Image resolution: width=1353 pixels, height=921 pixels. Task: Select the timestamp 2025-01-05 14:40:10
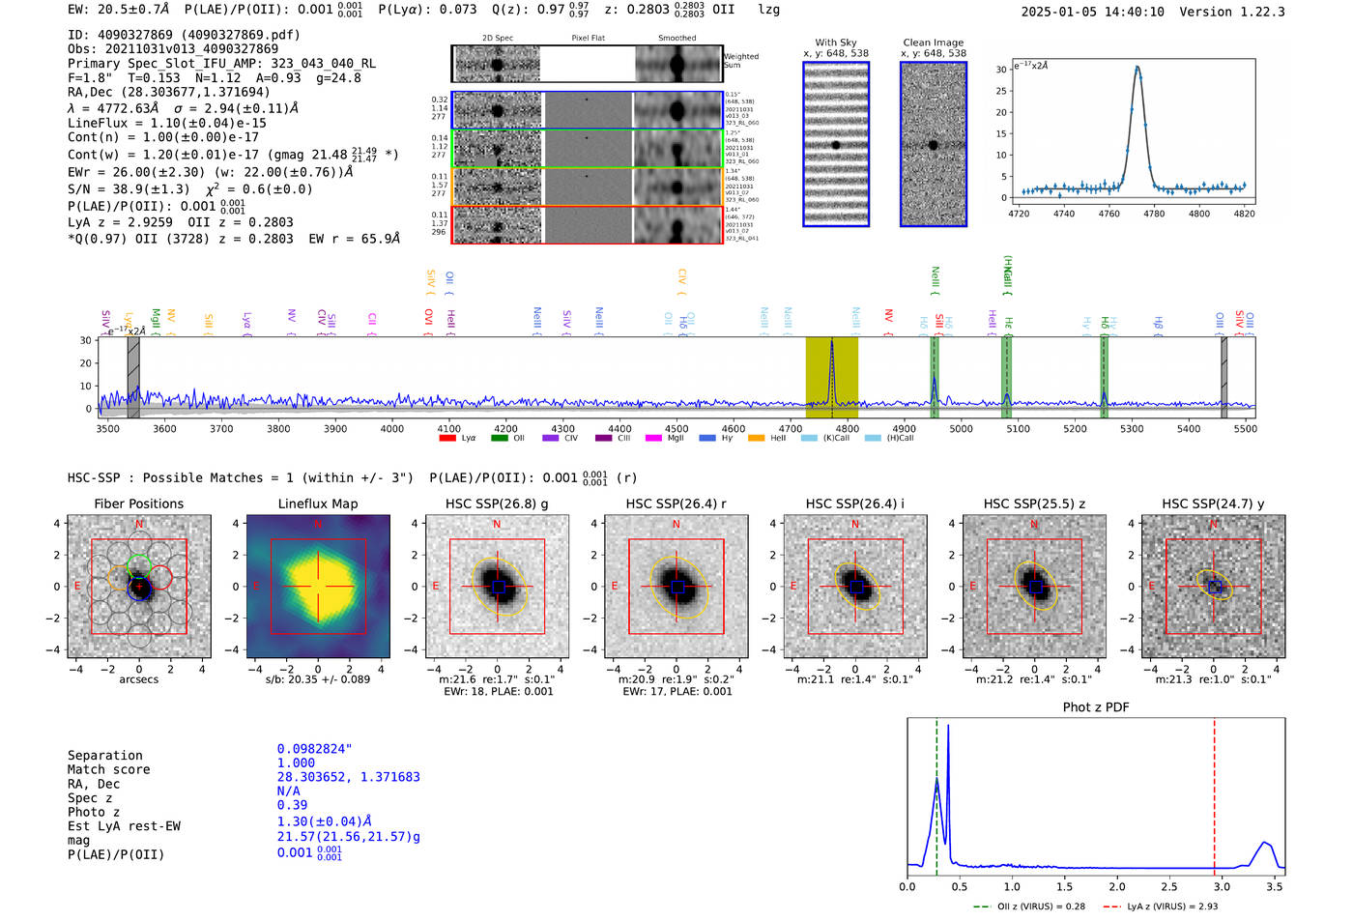click(1092, 12)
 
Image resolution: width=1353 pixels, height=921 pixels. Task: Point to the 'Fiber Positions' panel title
click(138, 504)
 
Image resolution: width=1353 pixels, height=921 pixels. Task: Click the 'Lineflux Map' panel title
click(317, 504)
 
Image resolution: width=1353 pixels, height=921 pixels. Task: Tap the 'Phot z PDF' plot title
click(1096, 707)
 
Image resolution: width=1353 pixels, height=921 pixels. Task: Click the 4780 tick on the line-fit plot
click(1154, 214)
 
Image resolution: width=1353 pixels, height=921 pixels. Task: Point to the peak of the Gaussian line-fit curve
click(1137, 67)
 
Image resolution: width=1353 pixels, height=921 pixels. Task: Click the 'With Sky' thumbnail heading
click(836, 43)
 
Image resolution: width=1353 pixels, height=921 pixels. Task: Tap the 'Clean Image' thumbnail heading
click(934, 43)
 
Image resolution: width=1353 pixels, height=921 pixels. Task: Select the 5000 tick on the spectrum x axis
click(961, 429)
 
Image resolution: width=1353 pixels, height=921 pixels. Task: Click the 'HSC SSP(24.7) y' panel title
click(1213, 504)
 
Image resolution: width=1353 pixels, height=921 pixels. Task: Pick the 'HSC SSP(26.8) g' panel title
click(497, 504)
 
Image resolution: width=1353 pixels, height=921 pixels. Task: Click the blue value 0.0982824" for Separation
click(314, 749)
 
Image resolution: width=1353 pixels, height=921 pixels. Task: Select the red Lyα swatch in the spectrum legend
click(447, 438)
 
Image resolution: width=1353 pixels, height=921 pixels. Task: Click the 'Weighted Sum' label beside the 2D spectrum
click(741, 61)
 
